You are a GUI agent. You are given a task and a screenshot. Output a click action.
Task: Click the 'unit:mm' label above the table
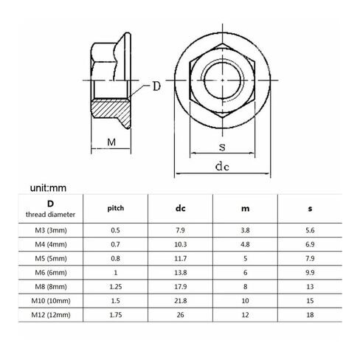(48, 188)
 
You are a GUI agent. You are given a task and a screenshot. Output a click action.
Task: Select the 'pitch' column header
(116, 209)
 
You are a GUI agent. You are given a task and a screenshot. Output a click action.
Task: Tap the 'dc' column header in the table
(180, 209)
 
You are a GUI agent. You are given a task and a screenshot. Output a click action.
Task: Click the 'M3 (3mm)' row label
(51, 230)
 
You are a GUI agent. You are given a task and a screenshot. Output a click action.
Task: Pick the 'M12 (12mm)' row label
(51, 315)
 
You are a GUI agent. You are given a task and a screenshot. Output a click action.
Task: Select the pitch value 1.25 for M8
(116, 287)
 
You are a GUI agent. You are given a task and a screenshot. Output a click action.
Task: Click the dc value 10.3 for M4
(181, 244)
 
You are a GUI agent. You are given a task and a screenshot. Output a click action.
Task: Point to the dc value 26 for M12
(180, 315)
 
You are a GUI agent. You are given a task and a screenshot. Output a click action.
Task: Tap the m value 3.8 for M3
(245, 230)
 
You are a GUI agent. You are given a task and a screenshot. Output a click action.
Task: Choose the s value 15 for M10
(310, 301)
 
